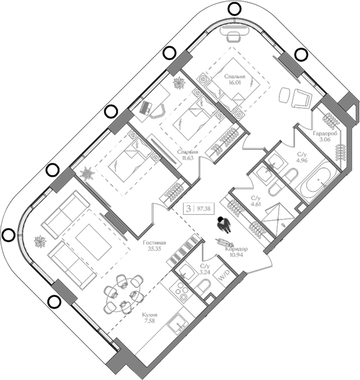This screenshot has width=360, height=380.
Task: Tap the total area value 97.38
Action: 205,208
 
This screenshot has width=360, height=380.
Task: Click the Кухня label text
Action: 149,315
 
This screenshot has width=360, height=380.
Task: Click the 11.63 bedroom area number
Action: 187,159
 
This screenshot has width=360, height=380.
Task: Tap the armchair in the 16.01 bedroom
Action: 301,98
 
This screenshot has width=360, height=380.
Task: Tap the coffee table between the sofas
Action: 90,242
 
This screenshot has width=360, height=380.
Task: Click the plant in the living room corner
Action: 40,242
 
